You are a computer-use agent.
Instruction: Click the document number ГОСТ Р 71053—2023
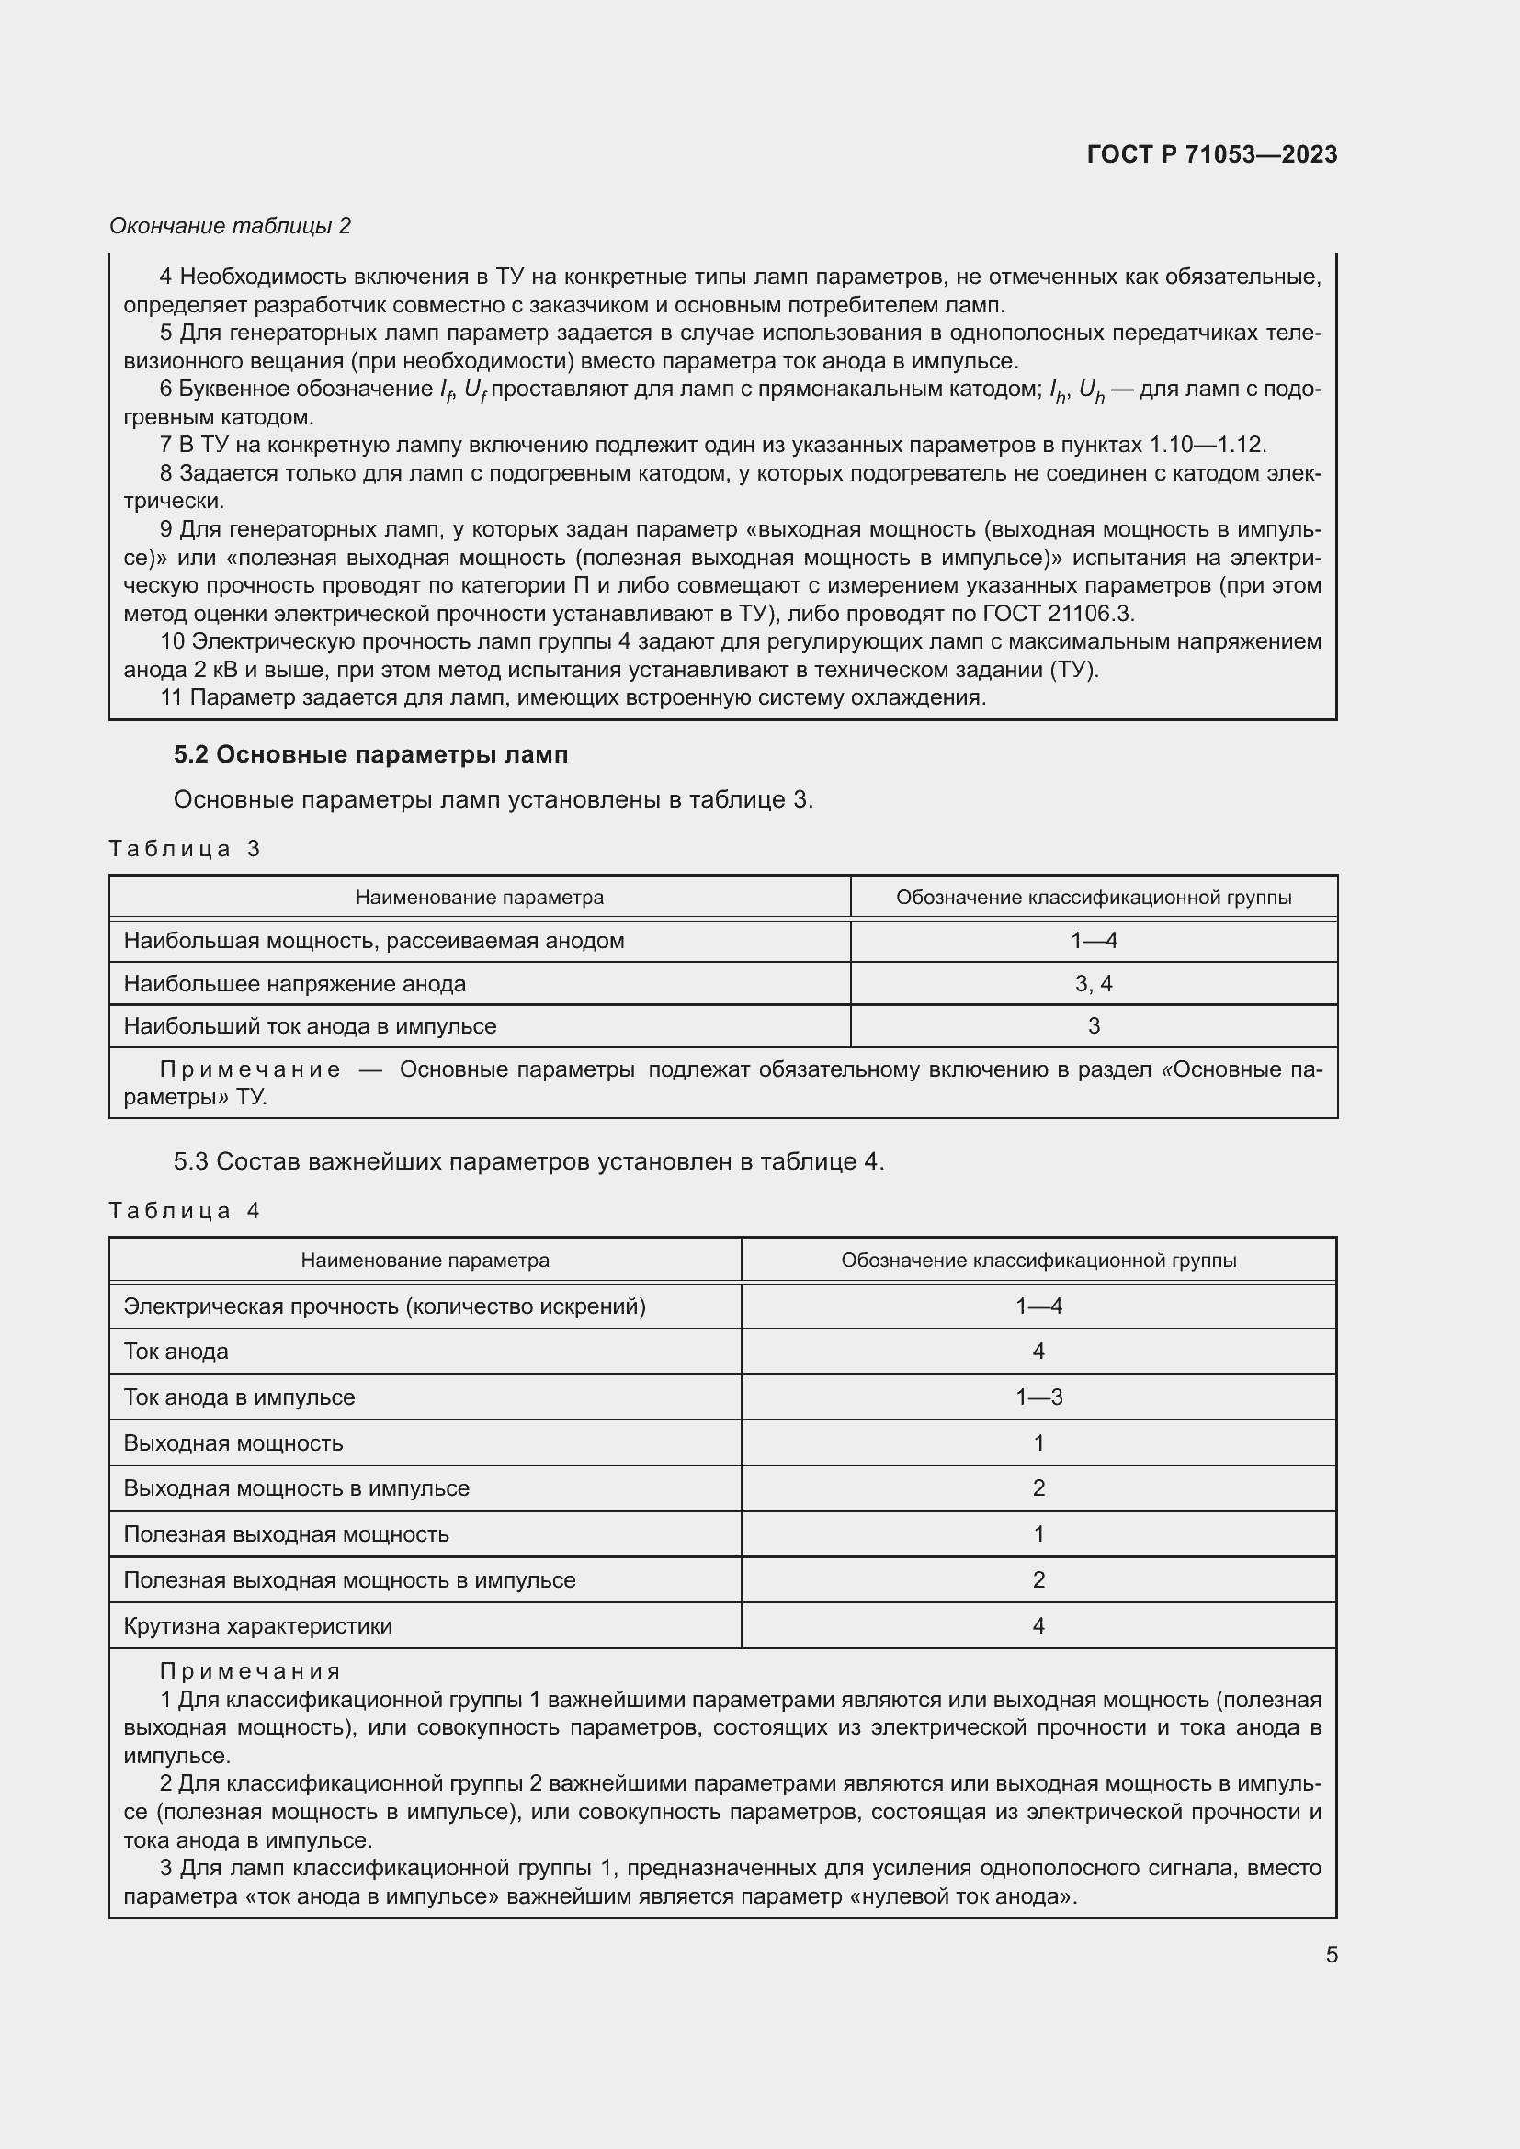pos(1211,154)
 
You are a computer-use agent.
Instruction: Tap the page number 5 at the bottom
pos(1331,1954)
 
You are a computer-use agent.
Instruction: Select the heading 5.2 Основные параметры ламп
pos(370,754)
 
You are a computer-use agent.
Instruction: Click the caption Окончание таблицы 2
pos(231,226)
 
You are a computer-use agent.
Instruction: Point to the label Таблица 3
pos(185,849)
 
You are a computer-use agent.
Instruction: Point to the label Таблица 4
pos(185,1210)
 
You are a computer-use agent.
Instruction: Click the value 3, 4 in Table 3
pos(1094,984)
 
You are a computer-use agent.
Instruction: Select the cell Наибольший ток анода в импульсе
pos(310,1026)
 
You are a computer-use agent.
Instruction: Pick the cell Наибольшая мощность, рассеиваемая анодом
pos(373,941)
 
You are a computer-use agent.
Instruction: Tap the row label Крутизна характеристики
pos(257,1626)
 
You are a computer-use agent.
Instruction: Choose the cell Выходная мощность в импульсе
pos(296,1488)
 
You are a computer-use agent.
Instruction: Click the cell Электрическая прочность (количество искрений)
pos(385,1306)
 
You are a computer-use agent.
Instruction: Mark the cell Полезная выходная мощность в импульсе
pos(349,1580)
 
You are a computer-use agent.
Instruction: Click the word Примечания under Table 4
pos(250,1670)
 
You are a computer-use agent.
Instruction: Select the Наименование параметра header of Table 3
pos(479,898)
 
